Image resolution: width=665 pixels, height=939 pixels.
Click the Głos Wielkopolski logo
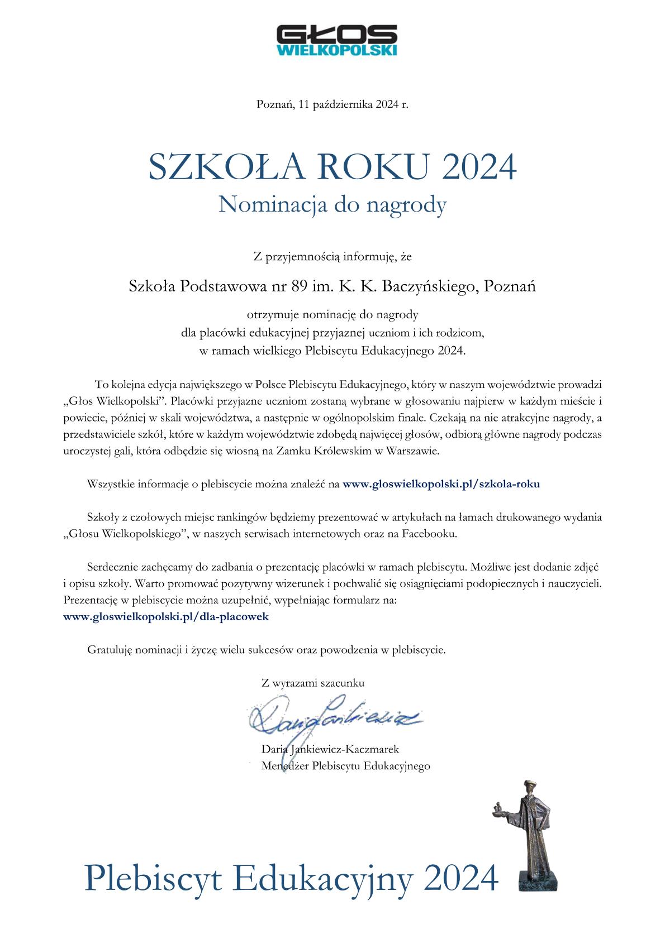(336, 40)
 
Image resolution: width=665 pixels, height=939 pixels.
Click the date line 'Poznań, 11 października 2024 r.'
(332, 104)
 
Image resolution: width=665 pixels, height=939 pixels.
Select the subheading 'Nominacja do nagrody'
(332, 205)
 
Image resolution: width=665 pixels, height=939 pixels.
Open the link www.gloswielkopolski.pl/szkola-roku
(441, 485)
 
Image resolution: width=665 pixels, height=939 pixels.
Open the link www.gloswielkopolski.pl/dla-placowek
(166, 617)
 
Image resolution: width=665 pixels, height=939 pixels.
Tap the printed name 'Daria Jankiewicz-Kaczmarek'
(330, 749)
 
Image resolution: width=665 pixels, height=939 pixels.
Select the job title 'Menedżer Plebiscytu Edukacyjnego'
(345, 766)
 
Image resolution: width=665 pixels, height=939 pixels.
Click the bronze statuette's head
(528, 789)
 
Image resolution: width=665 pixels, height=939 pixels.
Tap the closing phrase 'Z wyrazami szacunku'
(312, 683)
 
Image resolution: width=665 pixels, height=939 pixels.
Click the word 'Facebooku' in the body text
(429, 534)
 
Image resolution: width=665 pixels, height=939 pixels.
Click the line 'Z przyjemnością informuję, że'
(332, 257)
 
